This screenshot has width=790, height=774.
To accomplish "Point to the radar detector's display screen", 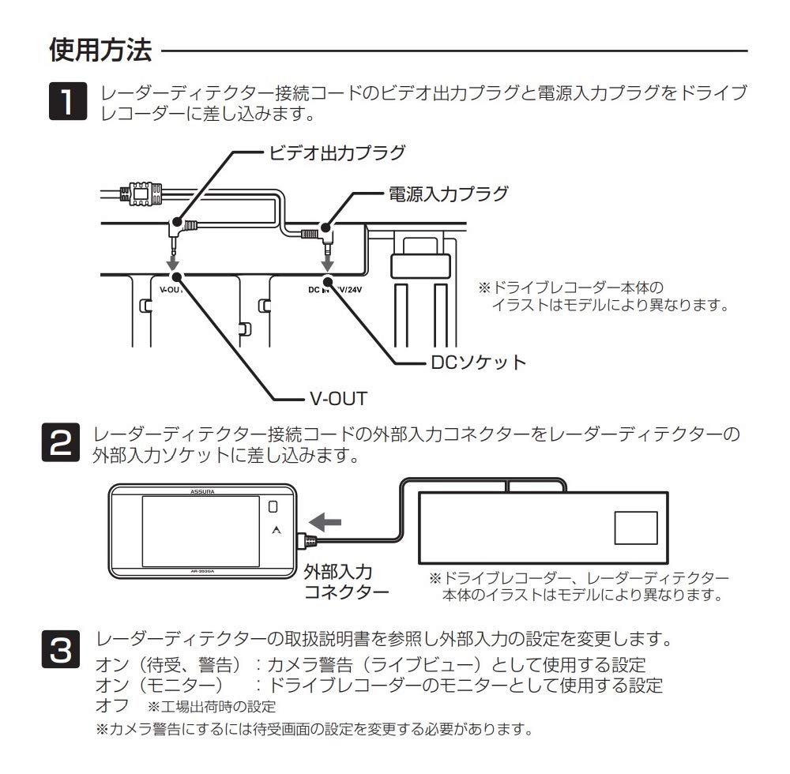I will tap(200, 531).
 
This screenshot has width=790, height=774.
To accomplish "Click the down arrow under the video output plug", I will tap(174, 260).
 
